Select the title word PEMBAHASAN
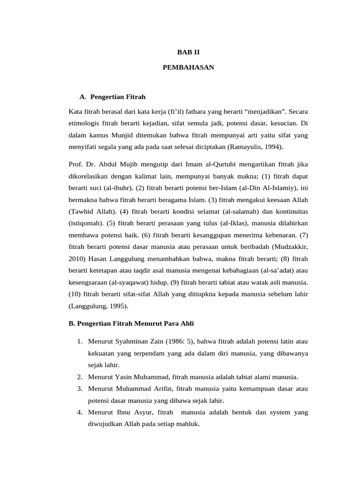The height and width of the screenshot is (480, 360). point(188,67)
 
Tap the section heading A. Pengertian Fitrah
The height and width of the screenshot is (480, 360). point(112,97)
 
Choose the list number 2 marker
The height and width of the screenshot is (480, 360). point(80,377)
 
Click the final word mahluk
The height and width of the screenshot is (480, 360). point(187,424)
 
